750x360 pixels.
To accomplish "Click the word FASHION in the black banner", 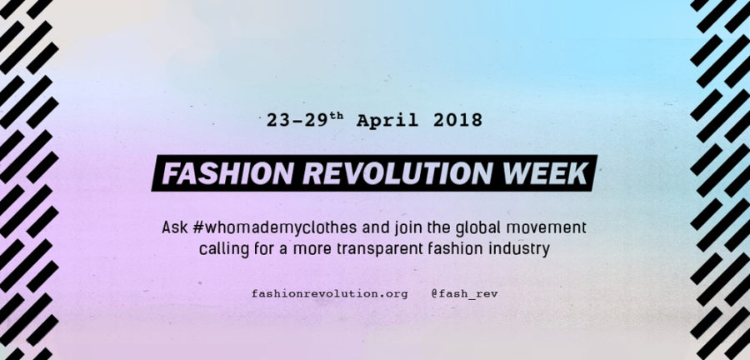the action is click(x=227, y=173).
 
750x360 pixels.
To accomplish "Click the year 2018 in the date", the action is click(x=457, y=121).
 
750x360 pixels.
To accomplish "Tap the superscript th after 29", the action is click(x=336, y=117).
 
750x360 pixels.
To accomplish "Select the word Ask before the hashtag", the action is click(x=175, y=227).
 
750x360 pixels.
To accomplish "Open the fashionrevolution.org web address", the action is click(x=329, y=294).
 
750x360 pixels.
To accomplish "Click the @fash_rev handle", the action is click(x=464, y=294).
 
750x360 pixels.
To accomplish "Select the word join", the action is click(x=389, y=228).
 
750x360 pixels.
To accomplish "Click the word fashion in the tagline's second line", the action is click(x=434, y=249).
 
